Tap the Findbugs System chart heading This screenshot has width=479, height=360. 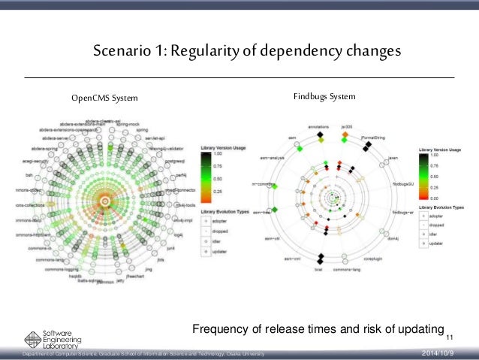tap(324, 97)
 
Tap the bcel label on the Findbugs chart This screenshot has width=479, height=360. tap(318, 269)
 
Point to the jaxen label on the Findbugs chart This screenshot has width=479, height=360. tap(391, 158)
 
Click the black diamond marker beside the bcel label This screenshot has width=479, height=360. tap(319, 259)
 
